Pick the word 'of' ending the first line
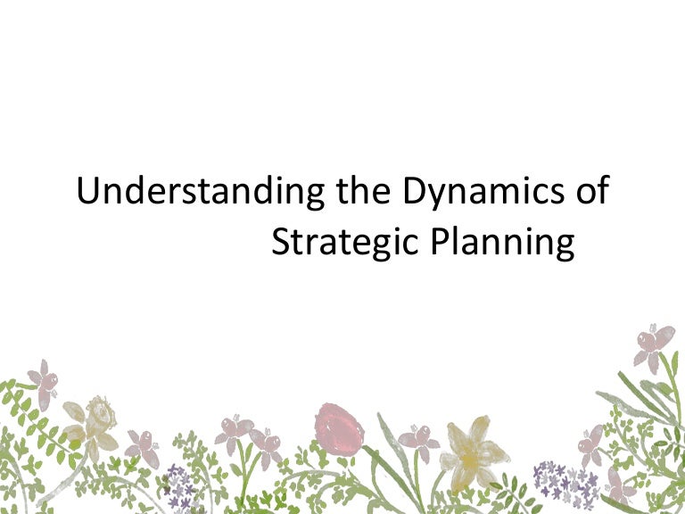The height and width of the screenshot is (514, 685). point(590,193)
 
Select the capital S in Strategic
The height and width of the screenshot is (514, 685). point(281,241)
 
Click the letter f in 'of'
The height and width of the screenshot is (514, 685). point(602,191)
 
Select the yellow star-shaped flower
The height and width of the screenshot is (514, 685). point(470,453)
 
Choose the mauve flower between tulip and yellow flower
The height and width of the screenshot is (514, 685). point(417,438)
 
